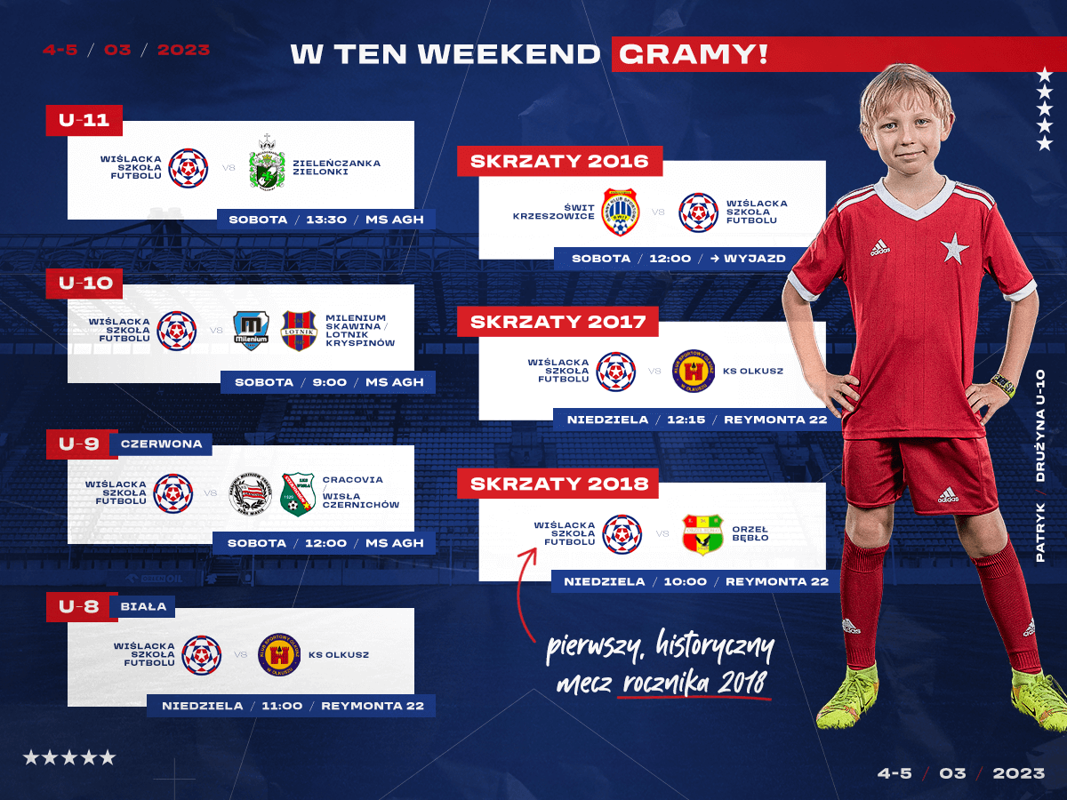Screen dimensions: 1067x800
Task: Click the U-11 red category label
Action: point(84,120)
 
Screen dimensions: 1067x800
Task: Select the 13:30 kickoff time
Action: point(326,220)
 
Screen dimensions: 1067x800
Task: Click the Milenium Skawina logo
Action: point(251,331)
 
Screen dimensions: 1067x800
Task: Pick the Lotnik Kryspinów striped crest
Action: point(299,331)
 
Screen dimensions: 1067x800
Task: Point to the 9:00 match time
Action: point(330,382)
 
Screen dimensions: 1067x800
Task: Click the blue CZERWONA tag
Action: point(161,444)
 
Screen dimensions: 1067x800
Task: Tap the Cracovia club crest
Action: point(251,493)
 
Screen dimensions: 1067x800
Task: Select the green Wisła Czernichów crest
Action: point(298,494)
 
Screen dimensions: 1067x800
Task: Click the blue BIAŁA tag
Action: point(143,607)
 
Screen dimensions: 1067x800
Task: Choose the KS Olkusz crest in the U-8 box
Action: point(279,655)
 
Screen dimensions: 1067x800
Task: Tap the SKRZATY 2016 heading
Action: point(559,161)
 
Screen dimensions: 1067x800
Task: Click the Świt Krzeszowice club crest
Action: point(620,212)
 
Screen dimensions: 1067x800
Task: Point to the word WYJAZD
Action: point(755,259)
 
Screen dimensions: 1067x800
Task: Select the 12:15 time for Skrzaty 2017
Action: point(686,420)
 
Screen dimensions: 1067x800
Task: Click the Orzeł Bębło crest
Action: point(703,534)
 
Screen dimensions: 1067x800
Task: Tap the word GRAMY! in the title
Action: point(694,54)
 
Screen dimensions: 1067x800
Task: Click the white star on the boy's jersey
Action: point(955,248)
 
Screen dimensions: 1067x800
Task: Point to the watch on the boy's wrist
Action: point(1003,386)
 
